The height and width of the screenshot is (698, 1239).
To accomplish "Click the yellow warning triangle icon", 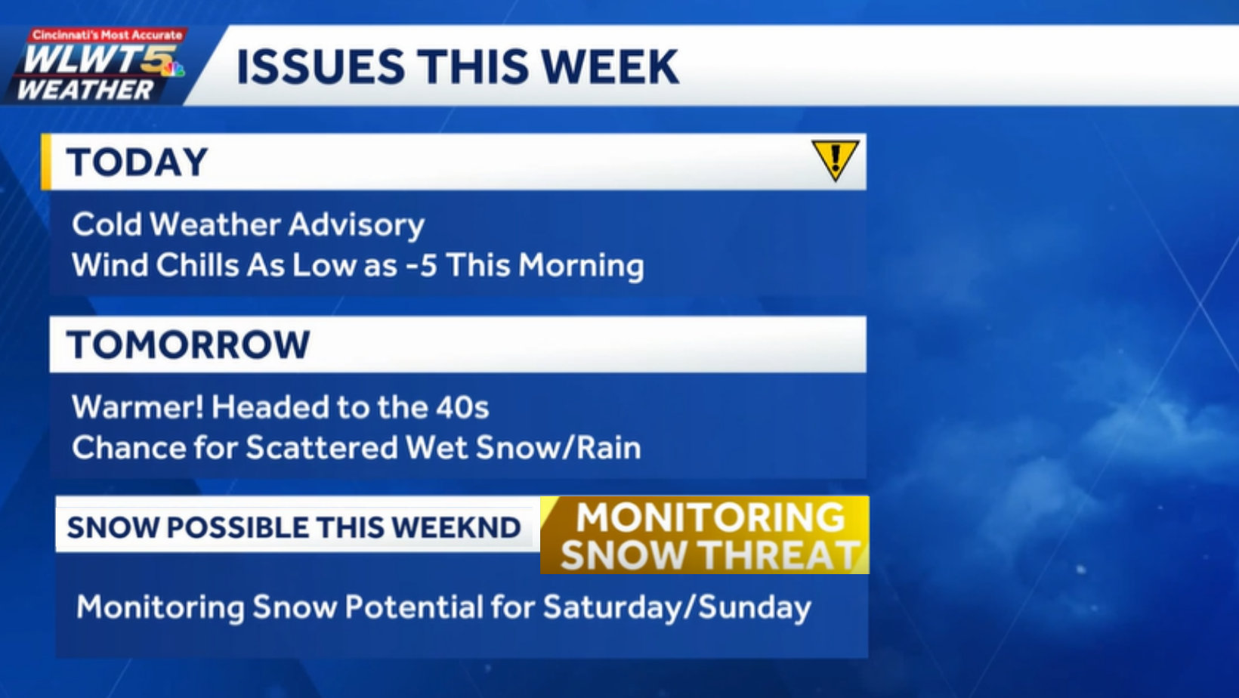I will coord(835,159).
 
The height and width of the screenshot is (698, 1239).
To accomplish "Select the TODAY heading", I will coord(137,162).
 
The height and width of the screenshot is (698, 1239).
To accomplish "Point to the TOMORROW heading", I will coord(188,344).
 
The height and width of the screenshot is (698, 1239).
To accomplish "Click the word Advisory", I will coord(356,225).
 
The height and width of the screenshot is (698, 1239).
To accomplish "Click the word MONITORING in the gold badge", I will coord(710,517).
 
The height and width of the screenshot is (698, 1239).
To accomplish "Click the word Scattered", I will coord(322,448).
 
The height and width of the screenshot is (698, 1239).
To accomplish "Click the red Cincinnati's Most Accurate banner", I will coord(107,35).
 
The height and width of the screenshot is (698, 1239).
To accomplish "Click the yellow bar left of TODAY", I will coord(46,162).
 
